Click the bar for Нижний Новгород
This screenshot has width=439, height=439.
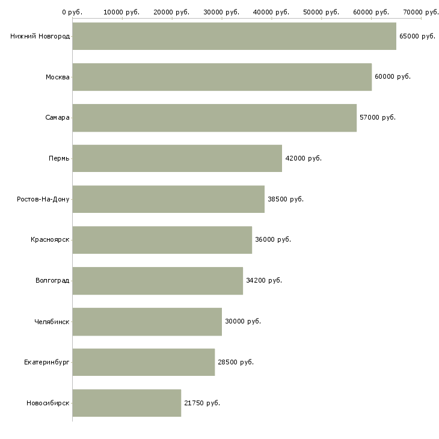pyautogui.click(x=235, y=36)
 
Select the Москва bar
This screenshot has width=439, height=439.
pyautogui.click(x=222, y=77)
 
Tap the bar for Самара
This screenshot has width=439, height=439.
pyautogui.click(x=215, y=118)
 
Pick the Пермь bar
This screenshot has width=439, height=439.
pyautogui.click(x=177, y=159)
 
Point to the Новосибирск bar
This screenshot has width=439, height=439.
pyautogui.click(x=127, y=403)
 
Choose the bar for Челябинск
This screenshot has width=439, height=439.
pyautogui.click(x=147, y=322)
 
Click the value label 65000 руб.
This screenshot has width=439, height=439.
pyautogui.click(x=417, y=37)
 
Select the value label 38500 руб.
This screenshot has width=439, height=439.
pyautogui.click(x=286, y=199)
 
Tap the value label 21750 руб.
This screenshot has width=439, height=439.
pyautogui.click(x=202, y=403)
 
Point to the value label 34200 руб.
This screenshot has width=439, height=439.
pyautogui.click(x=264, y=280)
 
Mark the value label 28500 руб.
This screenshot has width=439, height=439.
pyautogui.click(x=236, y=362)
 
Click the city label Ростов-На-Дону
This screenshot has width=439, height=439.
pyautogui.click(x=43, y=199)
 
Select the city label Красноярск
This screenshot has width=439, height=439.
pyautogui.click(x=50, y=240)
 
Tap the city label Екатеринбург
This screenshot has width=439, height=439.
pyautogui.click(x=47, y=362)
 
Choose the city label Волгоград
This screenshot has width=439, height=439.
pyautogui.click(x=52, y=280)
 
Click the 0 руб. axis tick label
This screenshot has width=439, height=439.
pyautogui.click(x=72, y=12)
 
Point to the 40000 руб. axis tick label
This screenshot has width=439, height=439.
pyautogui.click(x=271, y=12)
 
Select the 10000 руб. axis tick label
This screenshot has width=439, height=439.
pyautogui.click(x=121, y=12)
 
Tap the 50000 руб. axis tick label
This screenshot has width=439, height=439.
pyautogui.click(x=321, y=12)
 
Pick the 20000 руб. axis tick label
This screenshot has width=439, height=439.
pyautogui.click(x=171, y=12)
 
